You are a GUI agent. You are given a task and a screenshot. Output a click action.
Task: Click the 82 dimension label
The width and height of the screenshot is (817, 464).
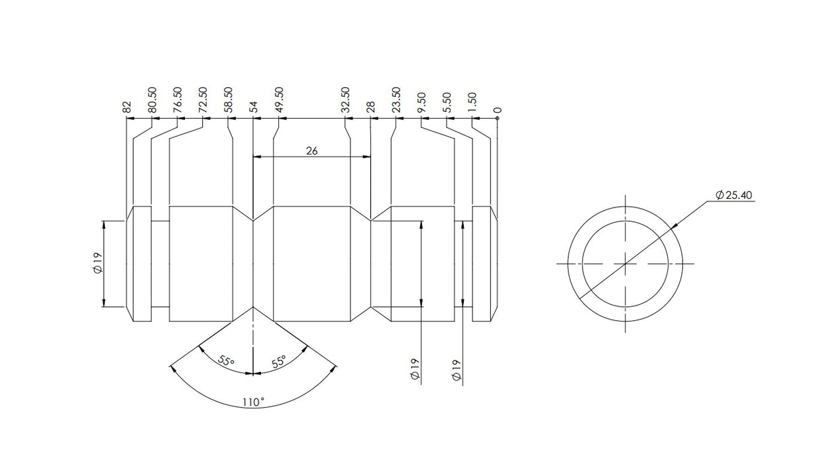pyautogui.click(x=127, y=107)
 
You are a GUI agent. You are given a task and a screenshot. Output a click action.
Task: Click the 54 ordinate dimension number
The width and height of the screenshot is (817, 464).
pyautogui.click(x=253, y=107)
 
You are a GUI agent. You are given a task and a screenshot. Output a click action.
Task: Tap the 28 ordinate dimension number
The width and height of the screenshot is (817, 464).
pyautogui.click(x=370, y=107)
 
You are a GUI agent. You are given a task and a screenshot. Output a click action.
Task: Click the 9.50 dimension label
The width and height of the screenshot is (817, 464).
pyautogui.click(x=421, y=102)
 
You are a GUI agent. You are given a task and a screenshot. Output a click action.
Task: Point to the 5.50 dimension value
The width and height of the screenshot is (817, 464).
pyautogui.click(x=447, y=102)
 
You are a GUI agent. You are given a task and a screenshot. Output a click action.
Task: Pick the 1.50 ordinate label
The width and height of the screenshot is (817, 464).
pyautogui.click(x=472, y=102)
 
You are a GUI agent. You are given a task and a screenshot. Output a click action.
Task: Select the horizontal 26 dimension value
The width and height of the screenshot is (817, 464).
pyautogui.click(x=311, y=151)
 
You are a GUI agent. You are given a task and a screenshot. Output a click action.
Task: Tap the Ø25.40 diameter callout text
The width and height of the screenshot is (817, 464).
pyautogui.click(x=734, y=195)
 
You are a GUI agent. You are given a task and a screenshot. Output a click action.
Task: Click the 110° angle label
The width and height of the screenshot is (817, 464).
pyautogui.click(x=253, y=402)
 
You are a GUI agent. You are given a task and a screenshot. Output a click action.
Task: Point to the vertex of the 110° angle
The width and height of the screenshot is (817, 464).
pyautogui.click(x=254, y=307)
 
